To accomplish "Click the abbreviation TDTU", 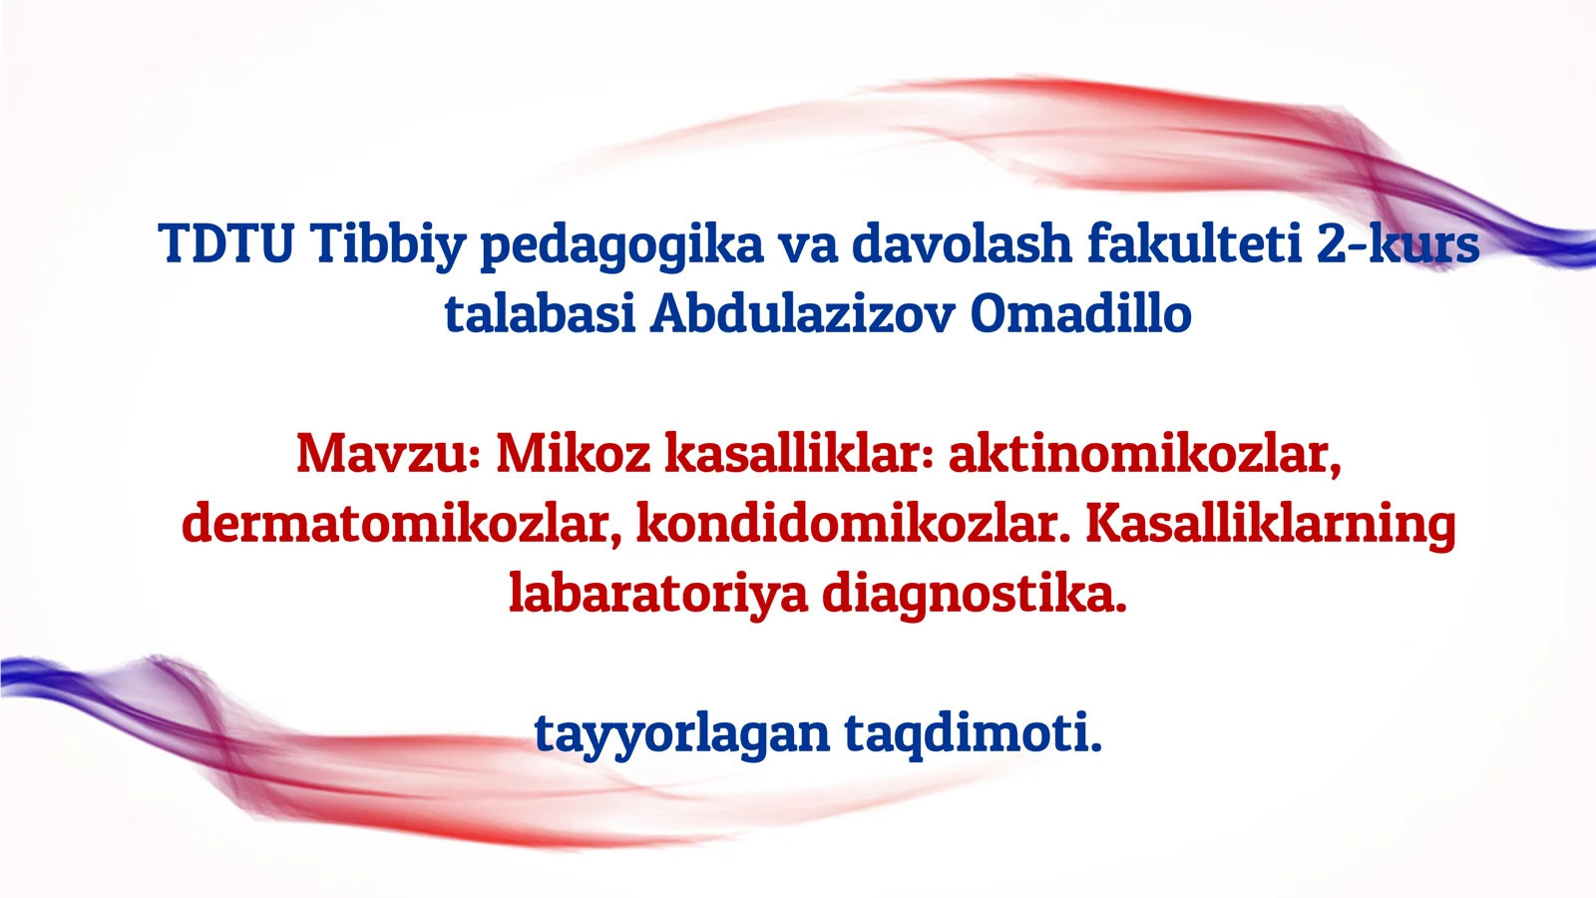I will click(225, 243).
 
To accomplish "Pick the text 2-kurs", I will click(1396, 243).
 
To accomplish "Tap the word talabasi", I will click(540, 313).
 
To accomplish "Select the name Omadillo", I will click(1080, 313).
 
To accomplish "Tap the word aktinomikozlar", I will click(1144, 455).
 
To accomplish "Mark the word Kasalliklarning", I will click(1270, 525).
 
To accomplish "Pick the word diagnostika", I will click(974, 595).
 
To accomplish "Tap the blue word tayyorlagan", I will click(681, 734).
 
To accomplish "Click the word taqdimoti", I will click(973, 734).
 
